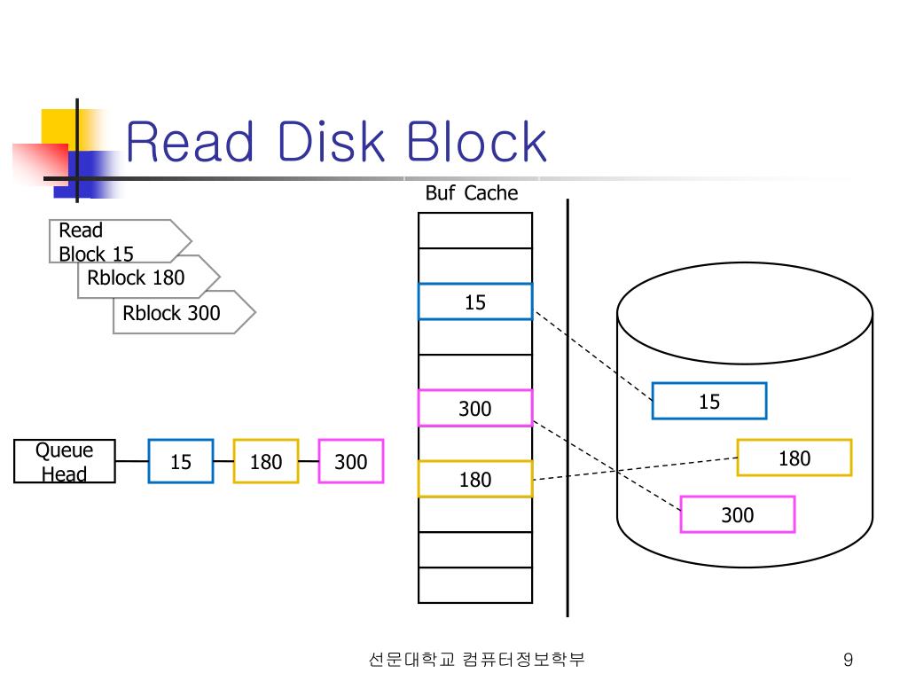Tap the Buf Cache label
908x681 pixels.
(x=471, y=193)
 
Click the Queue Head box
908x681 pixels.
(x=65, y=461)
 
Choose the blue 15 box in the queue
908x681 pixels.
(x=181, y=461)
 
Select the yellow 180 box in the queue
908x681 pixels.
(x=266, y=461)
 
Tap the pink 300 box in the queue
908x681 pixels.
(x=351, y=461)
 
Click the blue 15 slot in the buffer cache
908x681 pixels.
(x=475, y=301)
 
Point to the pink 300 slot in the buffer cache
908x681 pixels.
(x=475, y=408)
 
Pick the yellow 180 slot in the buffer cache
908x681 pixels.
(x=475, y=479)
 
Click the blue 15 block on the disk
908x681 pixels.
(x=709, y=401)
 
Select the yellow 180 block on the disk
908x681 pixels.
(x=794, y=458)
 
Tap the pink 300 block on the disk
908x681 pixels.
(x=738, y=514)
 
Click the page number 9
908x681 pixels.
(x=848, y=660)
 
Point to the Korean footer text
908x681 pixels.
(x=476, y=660)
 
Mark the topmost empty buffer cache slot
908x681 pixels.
(x=475, y=231)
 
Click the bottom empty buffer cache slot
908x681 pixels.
(x=475, y=585)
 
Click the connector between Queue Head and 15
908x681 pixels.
(x=131, y=461)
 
